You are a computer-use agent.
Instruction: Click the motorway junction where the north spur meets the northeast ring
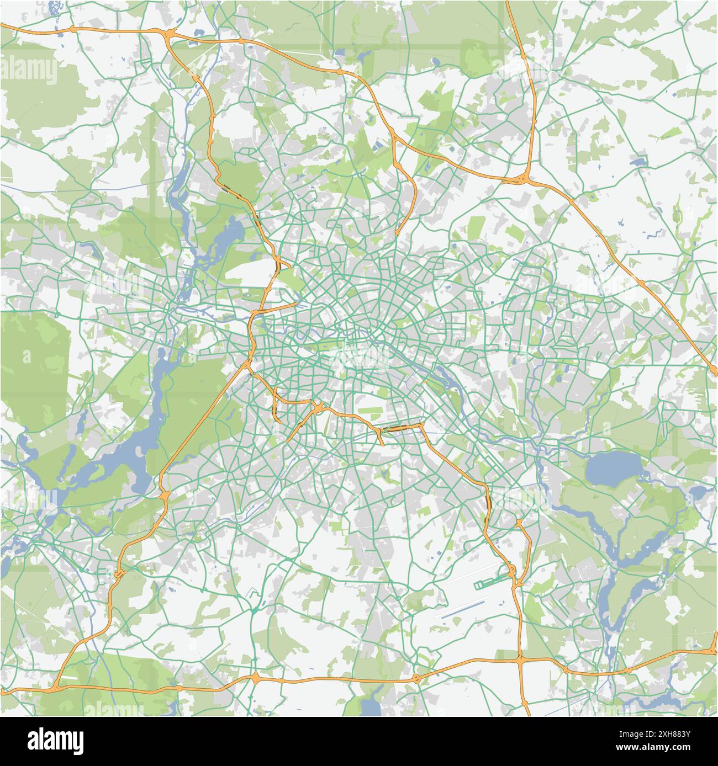point(523,179)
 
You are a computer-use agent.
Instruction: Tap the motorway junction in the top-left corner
point(168,35)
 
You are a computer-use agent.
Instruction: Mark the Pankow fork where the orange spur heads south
point(394,137)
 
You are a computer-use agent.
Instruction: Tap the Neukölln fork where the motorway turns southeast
point(421,425)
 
